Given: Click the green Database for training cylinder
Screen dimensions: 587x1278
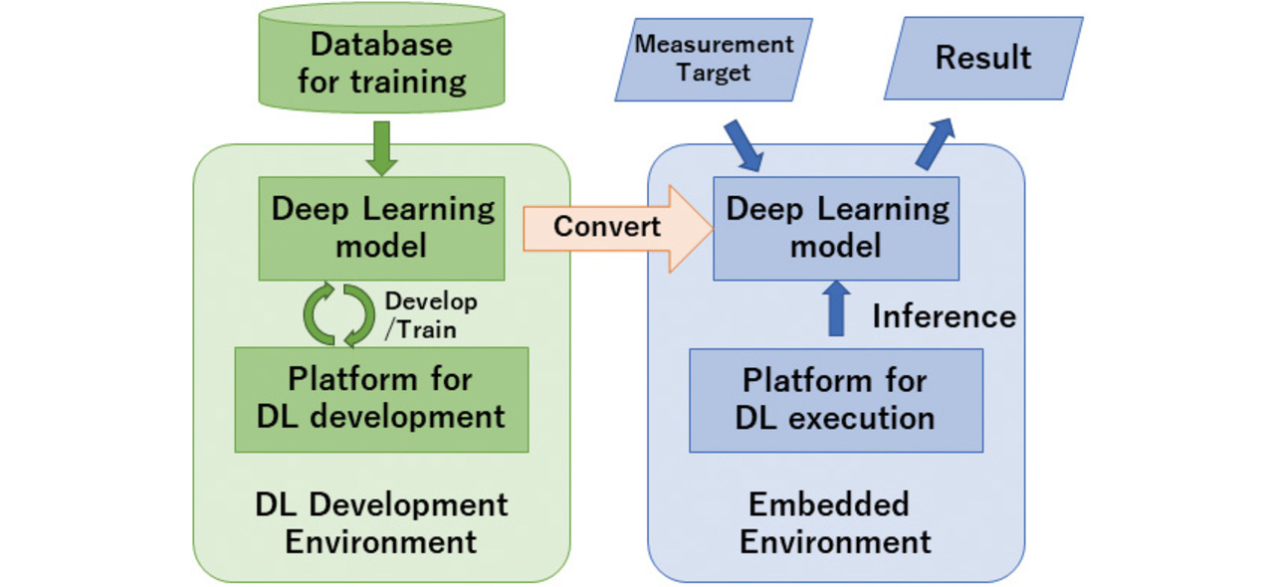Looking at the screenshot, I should point(381,62).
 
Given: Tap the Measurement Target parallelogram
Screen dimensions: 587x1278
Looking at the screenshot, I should point(714,60).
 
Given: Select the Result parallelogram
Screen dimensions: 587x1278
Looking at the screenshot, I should point(982,58).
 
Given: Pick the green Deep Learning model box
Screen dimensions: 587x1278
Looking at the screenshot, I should point(381,228).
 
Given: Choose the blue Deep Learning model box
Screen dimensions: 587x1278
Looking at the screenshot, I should point(836,228).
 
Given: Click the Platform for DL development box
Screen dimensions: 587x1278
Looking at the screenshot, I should point(381,399).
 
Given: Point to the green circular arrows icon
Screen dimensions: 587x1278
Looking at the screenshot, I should point(338,313).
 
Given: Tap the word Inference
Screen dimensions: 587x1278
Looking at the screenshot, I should point(944,316).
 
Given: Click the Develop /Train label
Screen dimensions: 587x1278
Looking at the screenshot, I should point(430,315).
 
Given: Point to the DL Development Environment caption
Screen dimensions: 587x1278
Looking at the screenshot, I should point(381,523).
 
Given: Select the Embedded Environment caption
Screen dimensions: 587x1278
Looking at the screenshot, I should point(835,523).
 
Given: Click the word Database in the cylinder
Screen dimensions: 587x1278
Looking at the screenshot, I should point(381,44).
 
